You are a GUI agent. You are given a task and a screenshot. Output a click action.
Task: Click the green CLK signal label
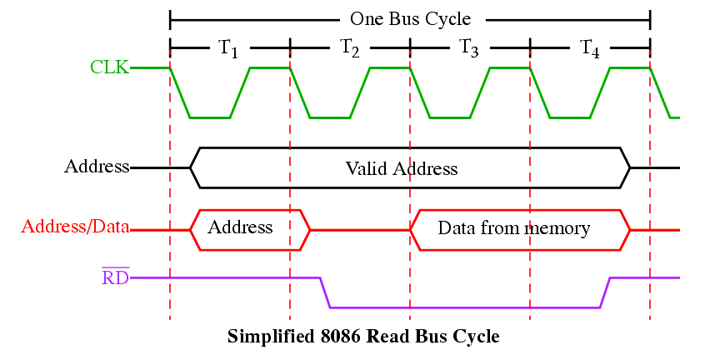109,67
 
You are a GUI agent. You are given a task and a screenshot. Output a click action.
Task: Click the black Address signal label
97,166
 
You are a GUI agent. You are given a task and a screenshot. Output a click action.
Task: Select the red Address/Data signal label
75,227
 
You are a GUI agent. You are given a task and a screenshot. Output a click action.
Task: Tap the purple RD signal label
115,277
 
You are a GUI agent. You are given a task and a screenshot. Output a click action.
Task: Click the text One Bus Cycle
410,18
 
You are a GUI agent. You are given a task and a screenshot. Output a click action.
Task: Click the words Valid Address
402,168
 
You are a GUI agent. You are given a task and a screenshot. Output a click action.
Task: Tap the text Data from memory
514,227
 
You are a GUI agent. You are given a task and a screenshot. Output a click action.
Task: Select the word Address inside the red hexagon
240,227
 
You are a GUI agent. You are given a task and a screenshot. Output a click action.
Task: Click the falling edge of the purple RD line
326,292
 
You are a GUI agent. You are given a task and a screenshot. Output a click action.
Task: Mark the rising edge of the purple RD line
606,292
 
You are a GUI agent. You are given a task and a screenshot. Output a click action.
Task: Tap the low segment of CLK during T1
210,117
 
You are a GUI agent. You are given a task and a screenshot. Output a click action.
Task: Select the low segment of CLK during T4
570,117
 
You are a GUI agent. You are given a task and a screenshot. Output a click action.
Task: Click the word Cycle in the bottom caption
476,337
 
